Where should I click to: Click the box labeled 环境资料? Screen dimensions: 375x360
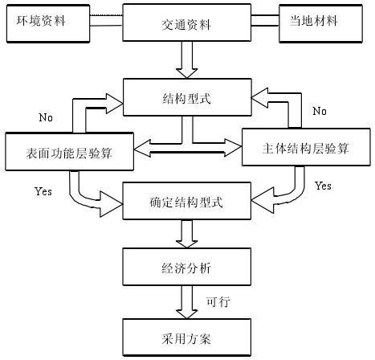pyautogui.click(x=48, y=23)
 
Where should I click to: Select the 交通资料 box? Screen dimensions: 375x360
pyautogui.click(x=187, y=22)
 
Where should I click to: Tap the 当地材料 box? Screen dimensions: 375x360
pyautogui.click(x=320, y=23)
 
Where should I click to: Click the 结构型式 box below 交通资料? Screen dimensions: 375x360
pyautogui.click(x=187, y=97)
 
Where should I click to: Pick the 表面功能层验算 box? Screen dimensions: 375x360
pyautogui.click(x=69, y=152)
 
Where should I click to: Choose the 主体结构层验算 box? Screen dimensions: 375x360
pyautogui.click(x=306, y=147)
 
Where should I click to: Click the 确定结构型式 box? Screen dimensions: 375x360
pyautogui.click(x=187, y=201)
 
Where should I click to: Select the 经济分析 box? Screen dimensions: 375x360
pyautogui.click(x=187, y=267)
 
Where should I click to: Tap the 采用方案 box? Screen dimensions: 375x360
pyautogui.click(x=187, y=337)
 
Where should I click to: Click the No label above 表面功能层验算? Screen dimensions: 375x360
pyautogui.click(x=46, y=117)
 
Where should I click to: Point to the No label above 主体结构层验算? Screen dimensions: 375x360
pyautogui.click(x=320, y=111)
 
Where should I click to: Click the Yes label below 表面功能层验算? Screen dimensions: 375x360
pyautogui.click(x=43, y=191)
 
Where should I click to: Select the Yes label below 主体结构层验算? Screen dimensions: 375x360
pyautogui.click(x=323, y=186)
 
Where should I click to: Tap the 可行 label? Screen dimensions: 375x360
pyautogui.click(x=218, y=302)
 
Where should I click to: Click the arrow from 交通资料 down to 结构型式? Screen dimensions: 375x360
pyautogui.click(x=187, y=59)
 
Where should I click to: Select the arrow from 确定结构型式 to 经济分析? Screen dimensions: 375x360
pyautogui.click(x=187, y=234)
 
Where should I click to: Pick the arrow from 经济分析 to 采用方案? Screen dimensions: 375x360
pyautogui.click(x=187, y=302)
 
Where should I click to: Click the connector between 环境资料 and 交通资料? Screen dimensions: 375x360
pyautogui.click(x=106, y=20)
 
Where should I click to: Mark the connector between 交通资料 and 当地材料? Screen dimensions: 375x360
pyautogui.click(x=265, y=20)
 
